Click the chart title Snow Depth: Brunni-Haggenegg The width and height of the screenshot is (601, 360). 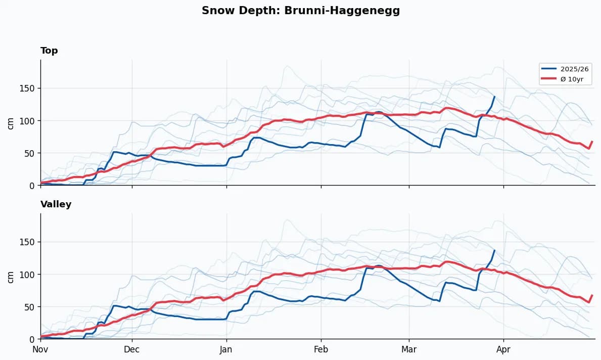(x=301, y=11)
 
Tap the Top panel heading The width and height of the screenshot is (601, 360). (x=49, y=51)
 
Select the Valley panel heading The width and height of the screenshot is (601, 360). (x=56, y=204)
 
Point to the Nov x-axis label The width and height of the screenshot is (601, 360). (x=40, y=349)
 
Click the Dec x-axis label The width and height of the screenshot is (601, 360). (x=132, y=349)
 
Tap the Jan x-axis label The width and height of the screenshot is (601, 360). (x=226, y=349)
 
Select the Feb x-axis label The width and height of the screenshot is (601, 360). (x=320, y=349)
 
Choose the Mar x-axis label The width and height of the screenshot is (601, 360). (x=409, y=349)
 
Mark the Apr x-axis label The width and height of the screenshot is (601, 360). (x=503, y=349)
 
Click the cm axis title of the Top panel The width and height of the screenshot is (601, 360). (x=11, y=122)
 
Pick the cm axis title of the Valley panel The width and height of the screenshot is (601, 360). (x=11, y=276)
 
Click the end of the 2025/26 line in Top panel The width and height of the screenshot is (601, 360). (x=494, y=97)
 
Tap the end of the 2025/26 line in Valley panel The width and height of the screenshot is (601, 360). (x=494, y=250)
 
